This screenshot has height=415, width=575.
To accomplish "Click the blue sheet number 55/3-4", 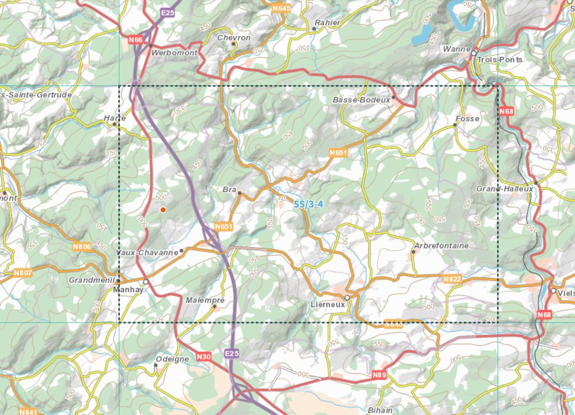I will (x=307, y=204).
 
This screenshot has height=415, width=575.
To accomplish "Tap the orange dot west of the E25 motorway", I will (x=163, y=209).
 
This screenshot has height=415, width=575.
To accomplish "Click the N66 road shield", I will (x=135, y=40).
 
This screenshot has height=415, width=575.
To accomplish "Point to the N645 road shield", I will (x=282, y=8).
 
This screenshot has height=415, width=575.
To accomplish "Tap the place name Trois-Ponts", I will (x=500, y=60).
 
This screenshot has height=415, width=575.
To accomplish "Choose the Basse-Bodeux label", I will (x=362, y=100).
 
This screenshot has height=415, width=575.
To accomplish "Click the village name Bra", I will (x=229, y=190).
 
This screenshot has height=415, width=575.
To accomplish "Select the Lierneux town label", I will (x=326, y=304).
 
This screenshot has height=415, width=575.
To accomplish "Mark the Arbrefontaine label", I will (x=441, y=245).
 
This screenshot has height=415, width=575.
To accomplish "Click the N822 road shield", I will (x=451, y=278).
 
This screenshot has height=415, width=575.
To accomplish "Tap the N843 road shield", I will (x=393, y=324).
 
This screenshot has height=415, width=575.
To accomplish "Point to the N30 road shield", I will (x=203, y=356).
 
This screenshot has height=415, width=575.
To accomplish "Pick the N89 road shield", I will (x=379, y=375).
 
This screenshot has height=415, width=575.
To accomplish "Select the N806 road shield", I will (x=82, y=246).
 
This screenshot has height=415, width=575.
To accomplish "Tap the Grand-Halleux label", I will (x=505, y=189).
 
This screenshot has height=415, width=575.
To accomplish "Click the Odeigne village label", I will (x=172, y=359).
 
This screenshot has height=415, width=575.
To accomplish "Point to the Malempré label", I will (x=205, y=300).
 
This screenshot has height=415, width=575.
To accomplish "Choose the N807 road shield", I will (x=22, y=273).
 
